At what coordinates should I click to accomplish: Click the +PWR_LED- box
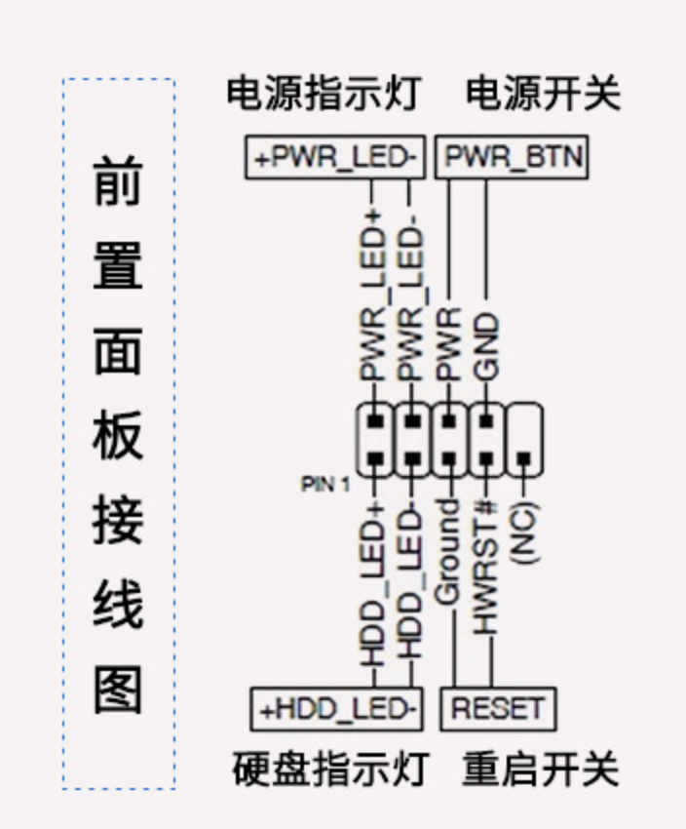(x=335, y=157)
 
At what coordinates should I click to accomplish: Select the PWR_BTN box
(x=512, y=157)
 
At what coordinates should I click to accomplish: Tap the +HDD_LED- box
(x=336, y=709)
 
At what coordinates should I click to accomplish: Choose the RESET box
(x=498, y=709)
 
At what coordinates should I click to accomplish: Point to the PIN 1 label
(x=325, y=485)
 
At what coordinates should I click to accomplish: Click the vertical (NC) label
(x=524, y=533)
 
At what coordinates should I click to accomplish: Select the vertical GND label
(x=486, y=346)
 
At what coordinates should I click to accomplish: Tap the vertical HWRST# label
(x=486, y=568)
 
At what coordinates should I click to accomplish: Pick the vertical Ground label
(x=448, y=551)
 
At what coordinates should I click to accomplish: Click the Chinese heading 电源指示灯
(x=324, y=94)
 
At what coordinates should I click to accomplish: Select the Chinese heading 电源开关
(x=543, y=94)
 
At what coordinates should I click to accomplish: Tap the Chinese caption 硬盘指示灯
(x=329, y=769)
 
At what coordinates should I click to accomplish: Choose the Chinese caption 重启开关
(x=540, y=769)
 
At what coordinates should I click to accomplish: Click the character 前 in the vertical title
(x=118, y=180)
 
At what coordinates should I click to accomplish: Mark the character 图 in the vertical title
(x=118, y=690)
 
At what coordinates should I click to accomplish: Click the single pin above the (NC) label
(x=524, y=458)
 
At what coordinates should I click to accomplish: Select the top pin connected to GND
(x=486, y=421)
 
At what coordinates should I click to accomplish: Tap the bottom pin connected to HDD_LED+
(x=375, y=458)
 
